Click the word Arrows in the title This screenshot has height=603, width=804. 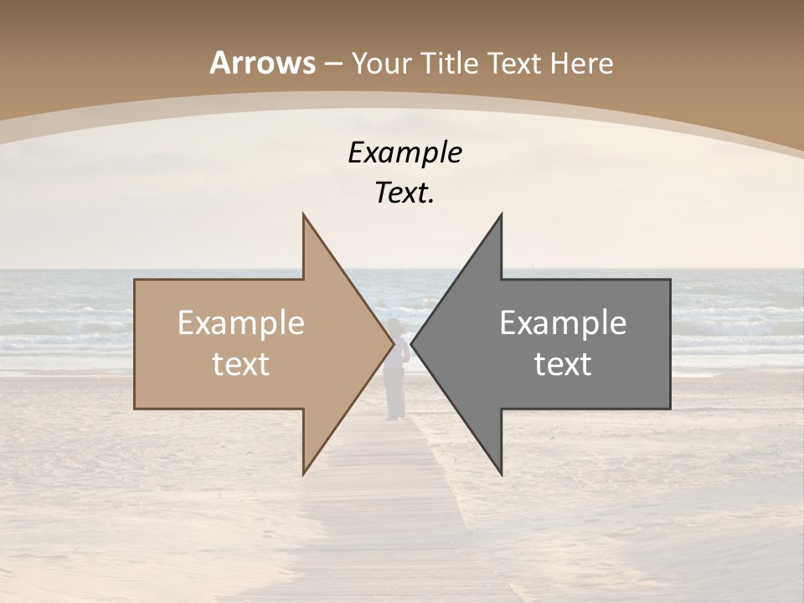pos(262,63)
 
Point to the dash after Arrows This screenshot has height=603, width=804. pos(332,64)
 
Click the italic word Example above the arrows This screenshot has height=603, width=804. pos(405,153)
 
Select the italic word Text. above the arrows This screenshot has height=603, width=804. pos(405,193)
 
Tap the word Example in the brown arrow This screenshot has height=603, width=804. pos(241,323)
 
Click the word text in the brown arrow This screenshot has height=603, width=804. pos(241,364)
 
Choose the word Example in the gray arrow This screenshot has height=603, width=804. pos(563,323)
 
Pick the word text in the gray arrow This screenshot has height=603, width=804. pos(563,364)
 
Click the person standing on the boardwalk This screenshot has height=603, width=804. pos(395,360)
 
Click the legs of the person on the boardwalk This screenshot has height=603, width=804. pos(394,398)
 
